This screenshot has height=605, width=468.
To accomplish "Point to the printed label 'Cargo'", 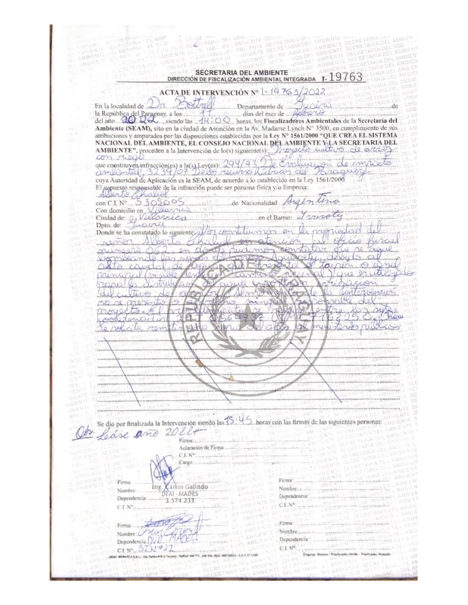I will point(185,463).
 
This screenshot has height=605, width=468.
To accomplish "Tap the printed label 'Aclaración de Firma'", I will point(201,448).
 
